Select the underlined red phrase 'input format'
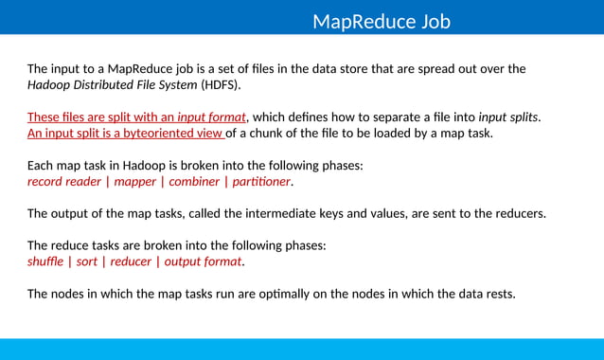pyautogui.click(x=211, y=117)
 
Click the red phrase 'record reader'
pyautogui.click(x=63, y=181)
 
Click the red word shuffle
pyautogui.click(x=46, y=261)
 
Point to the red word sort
pyautogui.click(x=87, y=261)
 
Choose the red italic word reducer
pyautogui.click(x=131, y=261)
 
